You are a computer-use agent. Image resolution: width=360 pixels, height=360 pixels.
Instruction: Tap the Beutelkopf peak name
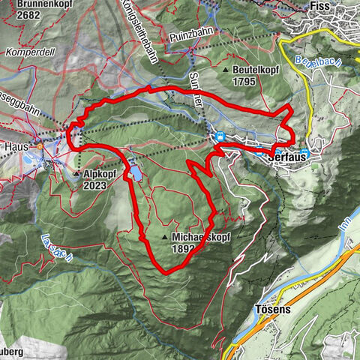click(259, 69)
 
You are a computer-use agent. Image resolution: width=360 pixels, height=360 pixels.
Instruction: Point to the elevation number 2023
click(96, 184)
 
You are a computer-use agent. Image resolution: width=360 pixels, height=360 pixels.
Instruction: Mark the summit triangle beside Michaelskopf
click(163, 238)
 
